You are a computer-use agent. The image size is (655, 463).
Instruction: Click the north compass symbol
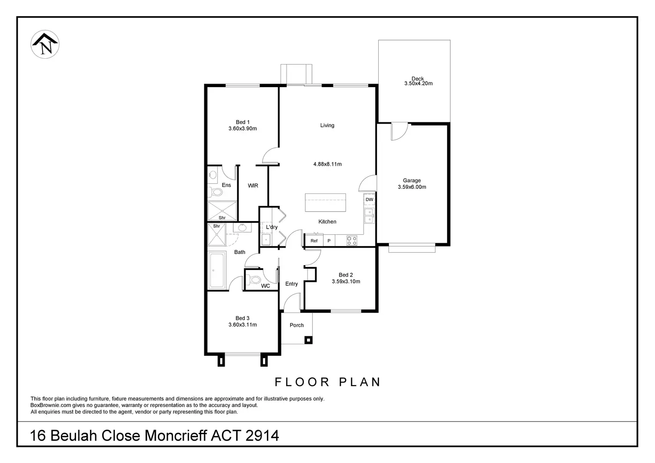point(45,44)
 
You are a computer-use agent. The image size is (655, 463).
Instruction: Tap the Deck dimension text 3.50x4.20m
point(418,84)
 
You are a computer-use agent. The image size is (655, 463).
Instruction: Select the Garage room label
point(412,181)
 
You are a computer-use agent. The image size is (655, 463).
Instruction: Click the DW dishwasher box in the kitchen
point(369,199)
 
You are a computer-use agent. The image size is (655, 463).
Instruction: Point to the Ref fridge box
point(314,241)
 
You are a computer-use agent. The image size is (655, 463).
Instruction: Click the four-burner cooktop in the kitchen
point(352,241)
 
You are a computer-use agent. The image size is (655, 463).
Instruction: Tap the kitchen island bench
point(325,202)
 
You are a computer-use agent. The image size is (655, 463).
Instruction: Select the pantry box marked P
point(329,241)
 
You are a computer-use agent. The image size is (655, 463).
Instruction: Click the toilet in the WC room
point(254,280)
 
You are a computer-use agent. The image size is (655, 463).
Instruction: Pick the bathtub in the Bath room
point(217,270)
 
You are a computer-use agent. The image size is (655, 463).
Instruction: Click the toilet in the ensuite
point(215,192)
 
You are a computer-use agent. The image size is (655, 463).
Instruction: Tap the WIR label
point(253,185)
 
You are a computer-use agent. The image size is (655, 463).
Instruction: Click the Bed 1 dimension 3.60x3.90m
point(243,129)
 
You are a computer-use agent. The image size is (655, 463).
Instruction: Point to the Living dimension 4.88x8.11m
point(327,164)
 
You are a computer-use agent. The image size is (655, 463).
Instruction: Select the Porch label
point(296,325)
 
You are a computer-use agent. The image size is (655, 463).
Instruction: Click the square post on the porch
point(308,340)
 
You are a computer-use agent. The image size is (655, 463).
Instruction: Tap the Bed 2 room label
point(346,275)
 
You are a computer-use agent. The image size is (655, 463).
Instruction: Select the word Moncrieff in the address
point(176,435)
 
